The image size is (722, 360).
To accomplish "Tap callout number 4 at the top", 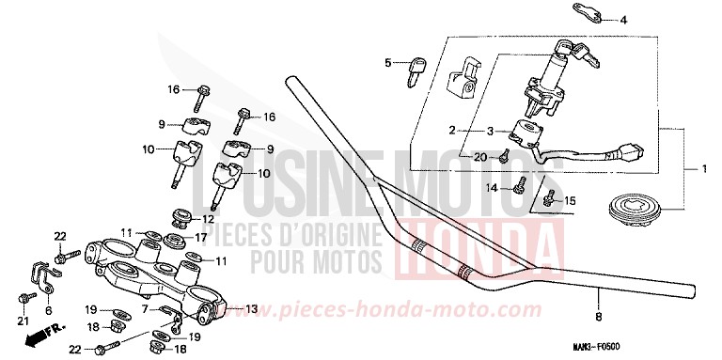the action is pos(620,19).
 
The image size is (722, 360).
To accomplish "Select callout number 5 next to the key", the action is pos(386,63).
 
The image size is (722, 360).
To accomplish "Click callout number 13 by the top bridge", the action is pos(250,308).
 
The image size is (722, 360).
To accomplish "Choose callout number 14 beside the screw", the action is pos(492,189).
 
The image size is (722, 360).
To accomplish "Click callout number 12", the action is pos(209,219).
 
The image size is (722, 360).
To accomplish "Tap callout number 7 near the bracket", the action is pos(144,308).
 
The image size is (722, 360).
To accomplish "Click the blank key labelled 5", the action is pos(412,70).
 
